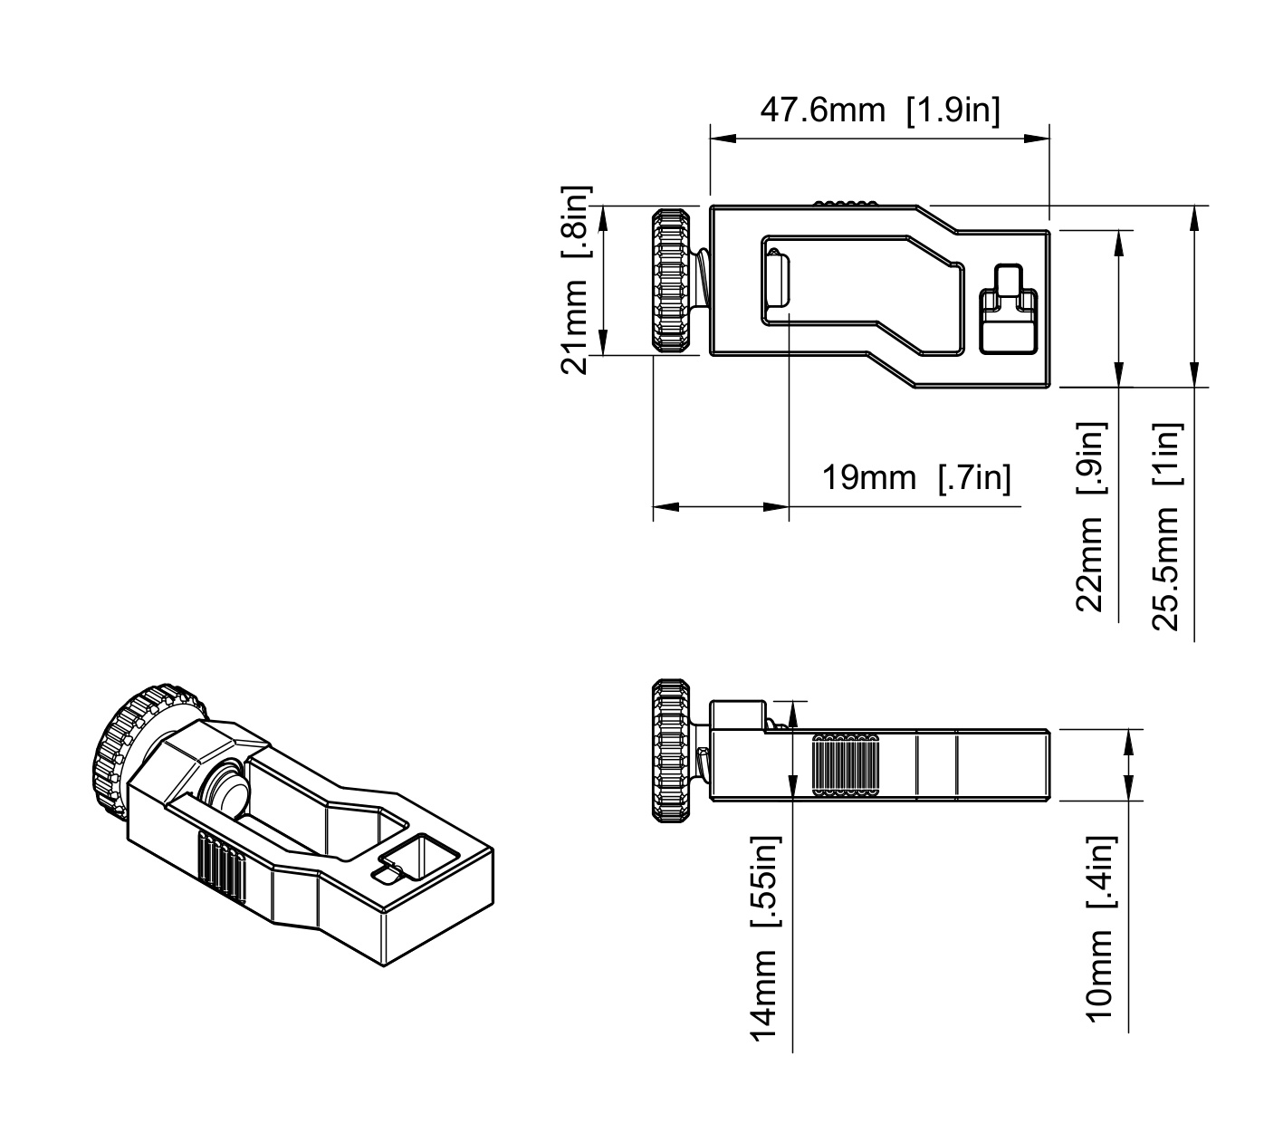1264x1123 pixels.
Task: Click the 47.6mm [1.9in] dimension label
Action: pyautogui.click(x=880, y=111)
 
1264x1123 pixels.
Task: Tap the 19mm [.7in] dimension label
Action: pyautogui.click(x=916, y=478)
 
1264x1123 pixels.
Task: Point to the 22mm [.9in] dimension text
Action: pyautogui.click(x=1091, y=516)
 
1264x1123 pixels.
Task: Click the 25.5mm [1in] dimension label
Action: pyautogui.click(x=1167, y=527)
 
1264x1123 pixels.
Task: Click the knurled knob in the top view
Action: pyautogui.click(x=671, y=280)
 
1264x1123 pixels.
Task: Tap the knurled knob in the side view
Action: pyautogui.click(x=671, y=751)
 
